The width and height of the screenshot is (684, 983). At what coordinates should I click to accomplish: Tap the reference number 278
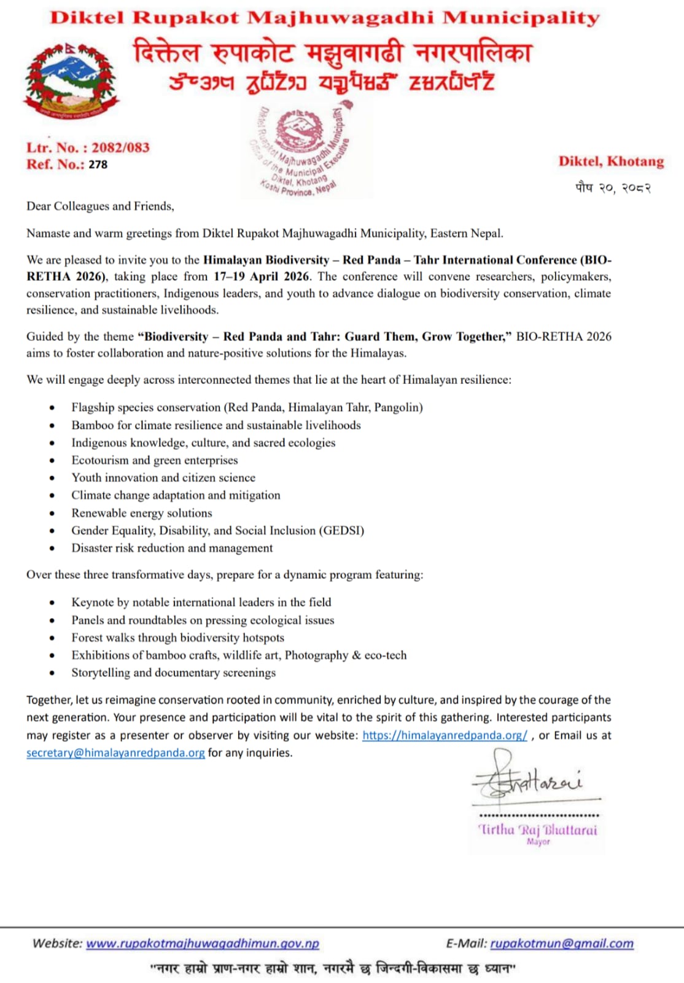tap(98, 165)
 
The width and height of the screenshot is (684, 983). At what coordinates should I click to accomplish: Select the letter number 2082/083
tap(120, 147)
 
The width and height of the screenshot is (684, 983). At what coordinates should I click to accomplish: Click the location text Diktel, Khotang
tap(611, 162)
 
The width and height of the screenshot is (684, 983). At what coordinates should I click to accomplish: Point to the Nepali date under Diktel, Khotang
tap(612, 187)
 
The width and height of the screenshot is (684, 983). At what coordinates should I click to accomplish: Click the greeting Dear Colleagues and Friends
tap(100, 206)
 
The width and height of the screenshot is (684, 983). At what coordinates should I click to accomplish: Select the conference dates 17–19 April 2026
tap(262, 276)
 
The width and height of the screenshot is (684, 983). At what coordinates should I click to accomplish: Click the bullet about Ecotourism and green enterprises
tap(154, 460)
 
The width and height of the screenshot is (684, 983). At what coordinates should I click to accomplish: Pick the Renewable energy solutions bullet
tap(141, 513)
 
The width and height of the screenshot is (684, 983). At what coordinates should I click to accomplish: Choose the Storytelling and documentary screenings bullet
tap(173, 673)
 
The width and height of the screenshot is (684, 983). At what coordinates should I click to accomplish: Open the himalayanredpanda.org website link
tap(445, 735)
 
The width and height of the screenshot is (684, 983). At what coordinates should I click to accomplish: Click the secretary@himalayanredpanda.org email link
tap(115, 753)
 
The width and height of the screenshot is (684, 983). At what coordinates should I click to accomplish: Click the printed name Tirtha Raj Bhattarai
tap(537, 829)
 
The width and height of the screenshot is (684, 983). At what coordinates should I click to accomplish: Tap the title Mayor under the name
tap(538, 842)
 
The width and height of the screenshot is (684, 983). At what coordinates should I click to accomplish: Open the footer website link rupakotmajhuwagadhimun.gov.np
tap(203, 944)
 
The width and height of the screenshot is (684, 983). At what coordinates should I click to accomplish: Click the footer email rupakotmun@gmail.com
tap(562, 944)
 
